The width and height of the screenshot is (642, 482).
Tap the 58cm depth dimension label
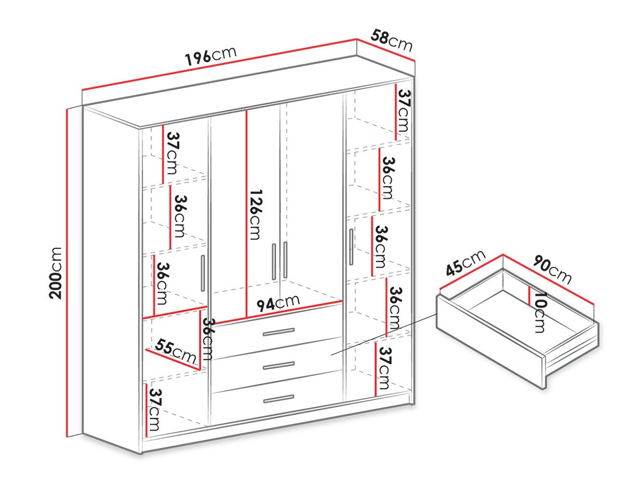point(392,41)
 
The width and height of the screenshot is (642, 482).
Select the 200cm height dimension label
point(56,272)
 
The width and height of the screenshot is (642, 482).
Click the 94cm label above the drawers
point(278,303)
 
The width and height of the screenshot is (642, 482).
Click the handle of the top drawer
point(278,332)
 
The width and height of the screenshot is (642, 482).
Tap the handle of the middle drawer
point(278,366)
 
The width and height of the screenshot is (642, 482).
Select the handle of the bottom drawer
point(278,399)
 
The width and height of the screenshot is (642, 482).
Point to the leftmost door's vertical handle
point(203,273)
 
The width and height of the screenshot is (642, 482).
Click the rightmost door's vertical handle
point(351,247)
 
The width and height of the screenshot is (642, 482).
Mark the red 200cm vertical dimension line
point(67,272)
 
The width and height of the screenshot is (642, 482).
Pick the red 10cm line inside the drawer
point(529,297)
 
